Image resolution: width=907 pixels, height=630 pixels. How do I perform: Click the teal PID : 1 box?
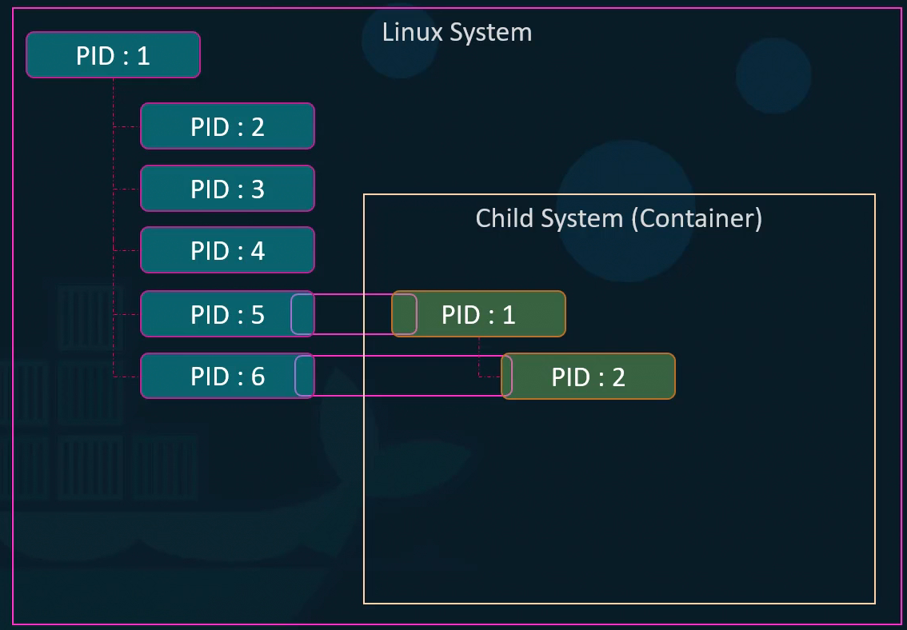coord(113,55)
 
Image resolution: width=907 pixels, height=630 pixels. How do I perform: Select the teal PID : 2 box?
coord(227,126)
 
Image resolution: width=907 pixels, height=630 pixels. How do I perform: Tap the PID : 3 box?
coord(227,189)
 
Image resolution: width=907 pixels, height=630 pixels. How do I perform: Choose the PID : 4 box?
coord(227,250)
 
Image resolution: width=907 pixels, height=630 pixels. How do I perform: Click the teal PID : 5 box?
coord(216,314)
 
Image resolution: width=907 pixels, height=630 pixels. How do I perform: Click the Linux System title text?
coord(457,33)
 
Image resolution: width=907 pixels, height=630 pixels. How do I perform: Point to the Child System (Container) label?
coord(618,218)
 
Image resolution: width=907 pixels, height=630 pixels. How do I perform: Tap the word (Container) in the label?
coord(696,218)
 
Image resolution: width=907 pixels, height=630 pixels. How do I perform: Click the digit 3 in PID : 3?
coord(258,189)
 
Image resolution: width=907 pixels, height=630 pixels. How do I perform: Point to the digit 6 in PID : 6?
coord(258,377)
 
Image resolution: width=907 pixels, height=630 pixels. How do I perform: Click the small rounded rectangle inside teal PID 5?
coord(302,314)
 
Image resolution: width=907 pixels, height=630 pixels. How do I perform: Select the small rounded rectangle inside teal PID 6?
coord(305,376)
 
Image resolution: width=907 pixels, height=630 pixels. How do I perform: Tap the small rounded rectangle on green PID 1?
coord(405,314)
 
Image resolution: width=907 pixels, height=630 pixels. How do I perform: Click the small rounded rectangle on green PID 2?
coord(506,377)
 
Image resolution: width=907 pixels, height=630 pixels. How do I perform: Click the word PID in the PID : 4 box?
coord(210,251)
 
